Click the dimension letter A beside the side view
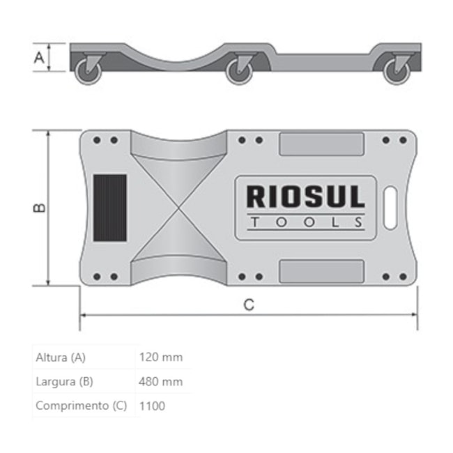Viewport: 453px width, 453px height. tap(39, 57)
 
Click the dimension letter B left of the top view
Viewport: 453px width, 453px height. tap(39, 208)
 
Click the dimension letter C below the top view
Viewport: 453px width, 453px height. tap(249, 304)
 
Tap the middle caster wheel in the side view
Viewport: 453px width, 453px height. tap(239, 72)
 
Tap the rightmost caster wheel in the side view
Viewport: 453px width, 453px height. tap(398, 72)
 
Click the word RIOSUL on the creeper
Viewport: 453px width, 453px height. tap(305, 197)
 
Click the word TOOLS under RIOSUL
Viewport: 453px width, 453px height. tap(305, 223)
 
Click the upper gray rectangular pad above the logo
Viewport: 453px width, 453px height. tap(321, 144)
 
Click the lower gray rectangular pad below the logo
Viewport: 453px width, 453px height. tap(321, 271)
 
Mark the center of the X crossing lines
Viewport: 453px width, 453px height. tap(178, 208)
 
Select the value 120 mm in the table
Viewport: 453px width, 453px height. tap(161, 358)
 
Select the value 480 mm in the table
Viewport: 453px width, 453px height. tap(161, 381)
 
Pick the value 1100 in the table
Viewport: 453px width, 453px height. tap(153, 405)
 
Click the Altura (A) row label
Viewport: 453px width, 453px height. tap(61, 358)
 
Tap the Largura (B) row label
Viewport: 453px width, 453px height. tap(64, 381)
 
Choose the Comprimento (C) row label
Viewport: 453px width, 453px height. tap(81, 405)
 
